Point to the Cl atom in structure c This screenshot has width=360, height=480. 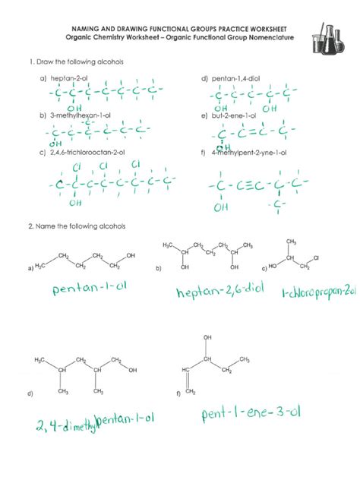pos(315,259)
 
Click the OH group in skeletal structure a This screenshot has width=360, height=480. pos(131,256)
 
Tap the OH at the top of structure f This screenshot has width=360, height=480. pos(207,336)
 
